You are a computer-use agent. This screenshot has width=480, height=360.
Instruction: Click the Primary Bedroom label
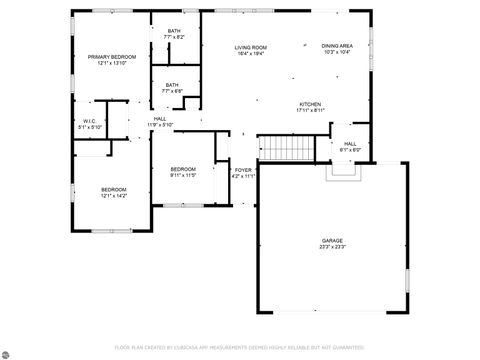click(x=111, y=57)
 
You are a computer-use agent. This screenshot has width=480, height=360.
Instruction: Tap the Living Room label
click(x=250, y=47)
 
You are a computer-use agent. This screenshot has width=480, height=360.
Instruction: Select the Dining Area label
click(x=336, y=46)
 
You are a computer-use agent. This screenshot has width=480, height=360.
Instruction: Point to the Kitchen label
click(x=310, y=105)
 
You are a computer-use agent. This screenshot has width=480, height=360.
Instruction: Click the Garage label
click(x=332, y=241)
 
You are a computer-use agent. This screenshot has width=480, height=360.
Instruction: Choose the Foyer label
click(x=243, y=170)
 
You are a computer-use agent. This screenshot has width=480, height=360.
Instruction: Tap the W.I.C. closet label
click(x=89, y=122)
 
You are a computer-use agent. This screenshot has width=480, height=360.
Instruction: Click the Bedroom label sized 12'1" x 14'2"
click(x=113, y=189)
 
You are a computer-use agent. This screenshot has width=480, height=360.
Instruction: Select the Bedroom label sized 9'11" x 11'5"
click(x=183, y=169)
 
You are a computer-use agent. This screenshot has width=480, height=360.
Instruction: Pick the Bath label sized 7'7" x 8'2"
click(x=174, y=32)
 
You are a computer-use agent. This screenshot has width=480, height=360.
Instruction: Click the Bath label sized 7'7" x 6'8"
click(x=172, y=85)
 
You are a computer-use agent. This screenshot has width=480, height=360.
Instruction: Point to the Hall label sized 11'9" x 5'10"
click(x=160, y=119)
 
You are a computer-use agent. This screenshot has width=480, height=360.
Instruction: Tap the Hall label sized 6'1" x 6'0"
click(x=350, y=143)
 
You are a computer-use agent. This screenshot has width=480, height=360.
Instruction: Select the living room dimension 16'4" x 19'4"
click(x=250, y=53)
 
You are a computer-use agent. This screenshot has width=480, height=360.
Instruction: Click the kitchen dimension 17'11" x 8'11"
click(x=310, y=111)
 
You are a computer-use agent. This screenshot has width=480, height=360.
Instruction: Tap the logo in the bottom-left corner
click(x=11, y=351)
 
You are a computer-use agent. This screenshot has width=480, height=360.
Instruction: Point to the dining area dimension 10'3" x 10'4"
click(x=336, y=52)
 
